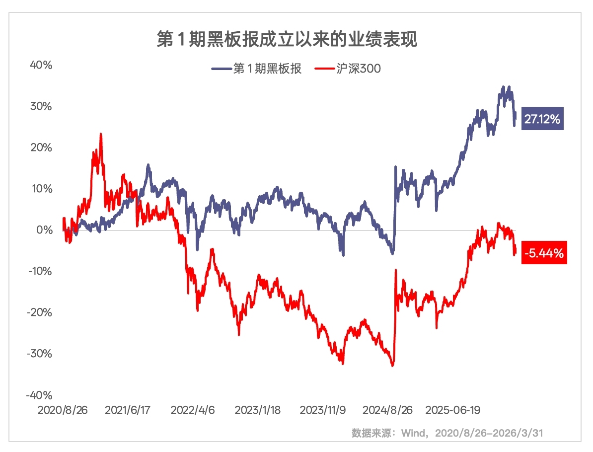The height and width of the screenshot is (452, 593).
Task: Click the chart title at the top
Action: pos(287,40)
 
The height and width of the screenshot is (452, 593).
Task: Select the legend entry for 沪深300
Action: pos(348,69)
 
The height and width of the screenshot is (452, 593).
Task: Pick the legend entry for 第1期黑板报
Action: pos(256,69)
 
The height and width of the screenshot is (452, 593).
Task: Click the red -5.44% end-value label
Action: pos(544,253)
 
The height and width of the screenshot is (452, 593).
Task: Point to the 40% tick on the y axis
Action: pos(41,65)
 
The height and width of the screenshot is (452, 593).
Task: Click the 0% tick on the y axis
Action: pos(44,230)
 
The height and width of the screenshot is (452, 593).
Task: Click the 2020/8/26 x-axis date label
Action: pos(63,410)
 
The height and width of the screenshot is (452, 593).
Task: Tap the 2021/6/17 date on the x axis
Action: pos(128,410)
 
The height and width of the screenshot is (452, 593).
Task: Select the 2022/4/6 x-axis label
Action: pos(192,410)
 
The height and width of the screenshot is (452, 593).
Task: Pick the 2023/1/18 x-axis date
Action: pos(257,410)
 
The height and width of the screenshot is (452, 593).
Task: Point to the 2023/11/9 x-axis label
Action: pos(322,410)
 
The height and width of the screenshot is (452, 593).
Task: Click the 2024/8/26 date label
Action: pos(387,410)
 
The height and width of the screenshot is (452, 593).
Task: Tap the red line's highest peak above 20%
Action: pos(101,134)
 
